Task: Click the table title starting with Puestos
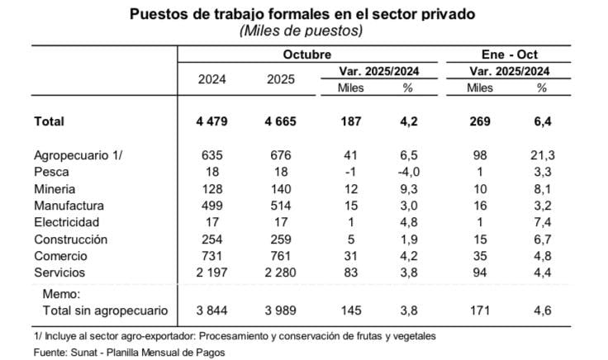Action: [302, 14]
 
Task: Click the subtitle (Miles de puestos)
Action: [302, 31]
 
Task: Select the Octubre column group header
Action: [306, 53]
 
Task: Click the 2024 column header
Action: [212, 79]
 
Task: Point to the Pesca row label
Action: [51, 172]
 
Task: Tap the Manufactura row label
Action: [69, 206]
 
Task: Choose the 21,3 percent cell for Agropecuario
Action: [541, 155]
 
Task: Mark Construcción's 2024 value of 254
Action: [212, 239]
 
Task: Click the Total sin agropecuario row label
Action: [106, 310]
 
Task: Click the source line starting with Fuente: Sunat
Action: [117, 353]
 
